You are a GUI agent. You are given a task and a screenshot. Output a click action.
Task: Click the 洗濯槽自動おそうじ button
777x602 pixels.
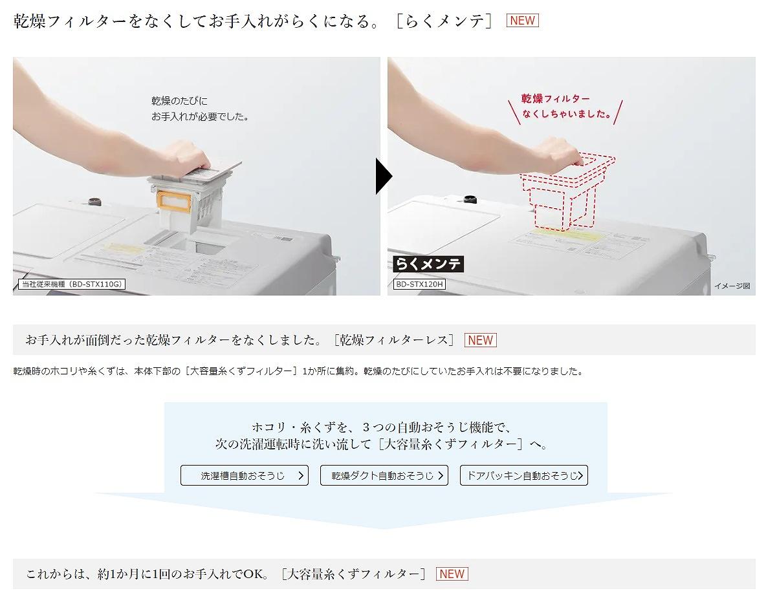point(244,475)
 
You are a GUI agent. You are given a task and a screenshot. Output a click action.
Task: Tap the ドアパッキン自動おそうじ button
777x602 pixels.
point(523,475)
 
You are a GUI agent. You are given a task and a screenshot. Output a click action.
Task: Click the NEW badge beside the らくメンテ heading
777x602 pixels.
point(522,21)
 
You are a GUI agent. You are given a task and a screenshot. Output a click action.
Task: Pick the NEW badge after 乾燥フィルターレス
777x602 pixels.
point(480,340)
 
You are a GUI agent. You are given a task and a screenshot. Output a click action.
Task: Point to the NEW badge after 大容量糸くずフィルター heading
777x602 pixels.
point(452,574)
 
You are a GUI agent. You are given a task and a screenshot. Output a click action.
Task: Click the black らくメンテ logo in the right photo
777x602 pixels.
point(428,264)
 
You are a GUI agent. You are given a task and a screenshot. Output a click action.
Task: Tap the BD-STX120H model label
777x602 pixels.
point(419,284)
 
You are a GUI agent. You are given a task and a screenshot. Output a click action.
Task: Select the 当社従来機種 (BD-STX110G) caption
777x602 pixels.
point(71,284)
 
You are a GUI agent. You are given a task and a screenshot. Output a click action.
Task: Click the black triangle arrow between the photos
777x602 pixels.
point(384,176)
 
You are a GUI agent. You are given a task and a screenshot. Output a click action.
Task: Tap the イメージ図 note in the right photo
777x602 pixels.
point(732,286)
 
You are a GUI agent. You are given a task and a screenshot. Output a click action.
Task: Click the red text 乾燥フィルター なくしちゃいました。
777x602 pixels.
point(567,107)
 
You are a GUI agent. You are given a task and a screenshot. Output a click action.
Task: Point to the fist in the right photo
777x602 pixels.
point(562,150)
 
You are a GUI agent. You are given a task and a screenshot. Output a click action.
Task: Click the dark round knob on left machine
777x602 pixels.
point(95,202)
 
